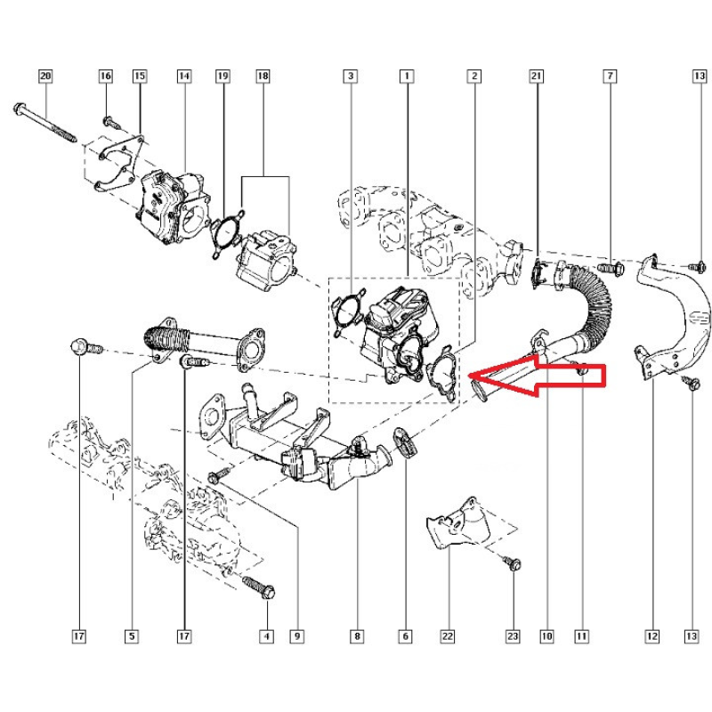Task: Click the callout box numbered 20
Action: (45, 76)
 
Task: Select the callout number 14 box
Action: (184, 76)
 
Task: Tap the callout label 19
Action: (222, 76)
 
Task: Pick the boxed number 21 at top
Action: (537, 76)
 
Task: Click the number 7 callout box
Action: (610, 76)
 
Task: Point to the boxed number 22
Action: (448, 636)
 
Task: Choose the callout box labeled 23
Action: (513, 636)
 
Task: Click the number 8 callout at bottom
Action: (358, 636)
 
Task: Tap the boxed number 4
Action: (266, 636)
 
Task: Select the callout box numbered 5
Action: (132, 636)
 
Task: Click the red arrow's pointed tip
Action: (469, 376)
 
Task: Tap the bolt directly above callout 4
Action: (258, 587)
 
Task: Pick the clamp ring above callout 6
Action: (405, 442)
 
